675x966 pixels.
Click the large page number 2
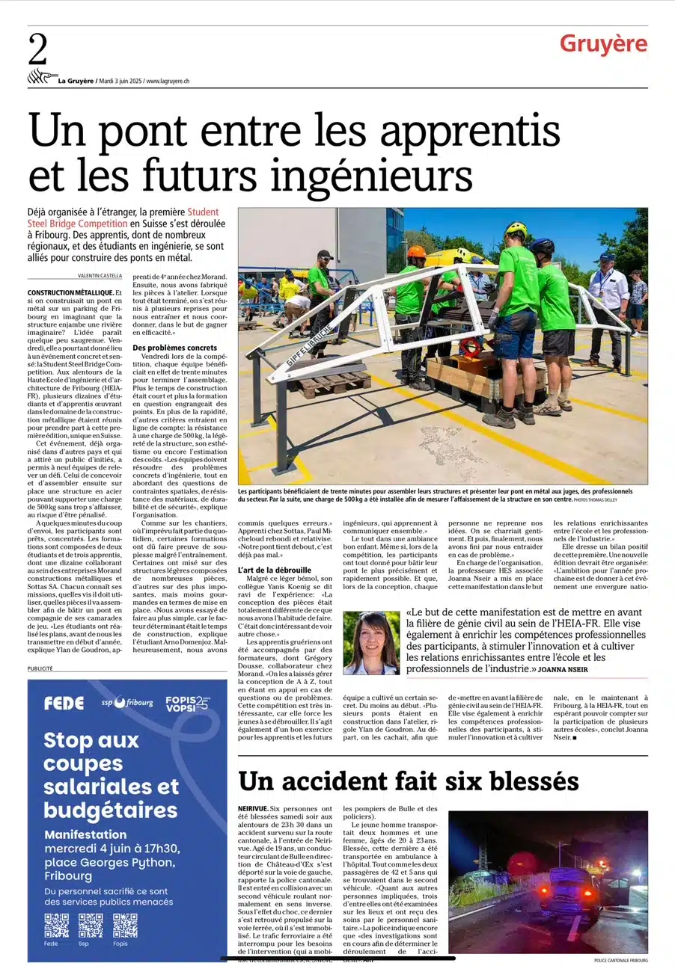click(38, 52)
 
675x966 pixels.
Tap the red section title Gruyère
click(602, 44)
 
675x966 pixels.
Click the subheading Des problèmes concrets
click(174, 348)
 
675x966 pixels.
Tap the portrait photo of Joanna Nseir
click(371, 643)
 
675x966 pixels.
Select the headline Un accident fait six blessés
click(409, 781)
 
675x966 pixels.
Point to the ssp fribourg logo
click(127, 703)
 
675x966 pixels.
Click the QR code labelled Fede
click(56, 925)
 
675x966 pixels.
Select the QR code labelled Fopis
click(125, 925)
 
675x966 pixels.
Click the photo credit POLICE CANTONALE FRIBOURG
click(620, 960)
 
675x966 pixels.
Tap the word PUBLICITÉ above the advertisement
click(40, 668)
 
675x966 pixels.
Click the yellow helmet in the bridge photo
click(516, 229)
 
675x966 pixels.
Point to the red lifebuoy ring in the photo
click(471, 346)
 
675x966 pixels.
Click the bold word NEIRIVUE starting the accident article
click(253, 809)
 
